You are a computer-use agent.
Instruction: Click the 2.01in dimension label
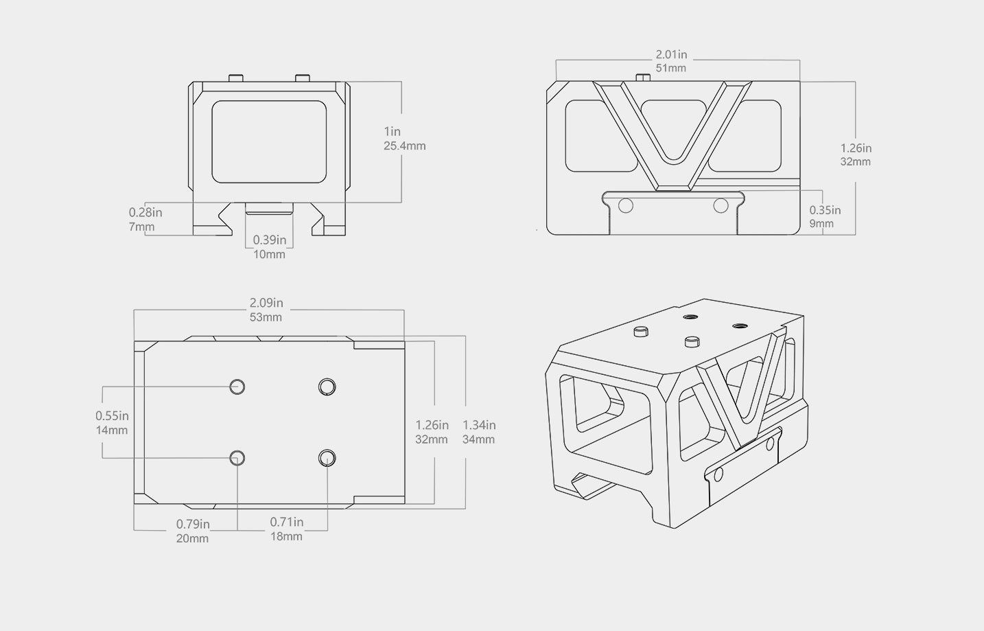(x=670, y=54)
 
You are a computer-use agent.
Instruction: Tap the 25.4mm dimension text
(x=404, y=146)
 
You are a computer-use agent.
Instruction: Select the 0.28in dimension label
(x=145, y=213)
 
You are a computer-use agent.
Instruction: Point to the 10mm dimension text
(x=269, y=254)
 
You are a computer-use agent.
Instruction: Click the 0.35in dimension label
(x=824, y=210)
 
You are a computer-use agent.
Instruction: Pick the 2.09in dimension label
(x=266, y=303)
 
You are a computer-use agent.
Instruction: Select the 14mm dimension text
(x=112, y=431)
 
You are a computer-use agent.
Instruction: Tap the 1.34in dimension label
(x=479, y=425)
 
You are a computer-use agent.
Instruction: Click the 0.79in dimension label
(x=193, y=524)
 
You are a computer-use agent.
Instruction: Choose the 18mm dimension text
(x=286, y=536)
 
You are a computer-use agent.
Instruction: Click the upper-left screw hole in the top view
(x=237, y=387)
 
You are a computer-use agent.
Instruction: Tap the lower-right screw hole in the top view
(x=327, y=458)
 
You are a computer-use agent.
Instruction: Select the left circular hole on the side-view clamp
(x=625, y=205)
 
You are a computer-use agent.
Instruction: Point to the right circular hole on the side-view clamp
(x=721, y=205)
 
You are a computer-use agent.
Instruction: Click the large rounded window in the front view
(x=269, y=142)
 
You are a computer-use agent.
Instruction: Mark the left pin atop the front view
(x=236, y=78)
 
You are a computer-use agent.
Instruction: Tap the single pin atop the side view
(x=643, y=78)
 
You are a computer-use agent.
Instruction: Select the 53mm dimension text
(x=266, y=317)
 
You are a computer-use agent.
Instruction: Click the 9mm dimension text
(x=821, y=224)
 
